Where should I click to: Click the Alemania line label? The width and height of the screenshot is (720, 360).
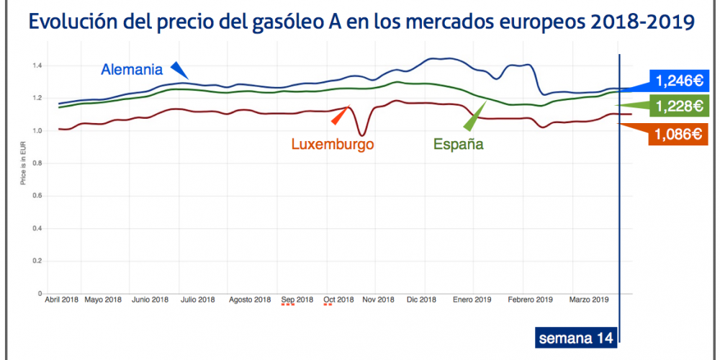click(132, 70)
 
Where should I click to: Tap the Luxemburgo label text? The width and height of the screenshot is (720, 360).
click(333, 143)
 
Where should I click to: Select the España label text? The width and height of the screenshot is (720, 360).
click(458, 143)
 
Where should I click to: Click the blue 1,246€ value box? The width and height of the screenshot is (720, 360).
click(677, 80)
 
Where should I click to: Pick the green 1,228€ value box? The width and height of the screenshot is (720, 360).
click(678, 107)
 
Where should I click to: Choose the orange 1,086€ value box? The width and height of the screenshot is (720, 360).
click(678, 133)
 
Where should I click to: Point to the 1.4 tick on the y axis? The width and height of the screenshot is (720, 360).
click(37, 66)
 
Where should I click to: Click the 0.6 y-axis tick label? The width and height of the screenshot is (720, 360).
click(37, 195)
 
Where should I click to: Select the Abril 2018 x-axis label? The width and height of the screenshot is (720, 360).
click(62, 300)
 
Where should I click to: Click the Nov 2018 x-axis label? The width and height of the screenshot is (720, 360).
click(378, 300)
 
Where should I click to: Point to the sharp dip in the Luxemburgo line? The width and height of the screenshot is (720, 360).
click(362, 134)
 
